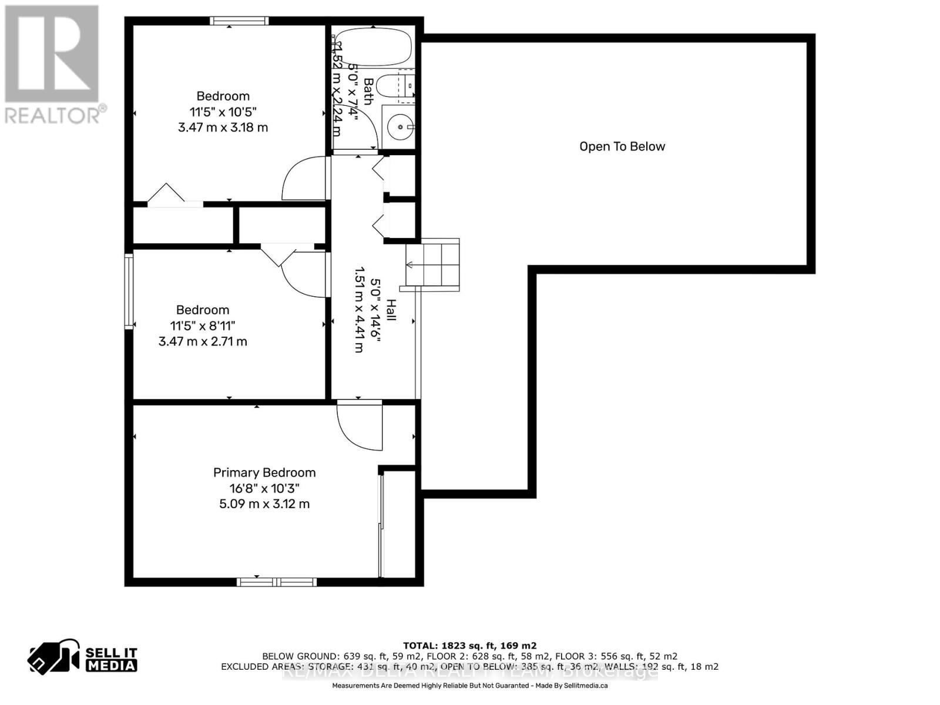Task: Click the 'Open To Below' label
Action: pyautogui.click(x=622, y=147)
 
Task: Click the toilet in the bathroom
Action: pyautogui.click(x=395, y=87)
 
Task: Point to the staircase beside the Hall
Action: pyautogui.click(x=432, y=264)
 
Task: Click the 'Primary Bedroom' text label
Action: pyautogui.click(x=264, y=472)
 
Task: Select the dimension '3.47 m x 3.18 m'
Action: pyautogui.click(x=223, y=127)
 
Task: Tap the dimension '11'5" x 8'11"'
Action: pyautogui.click(x=203, y=325)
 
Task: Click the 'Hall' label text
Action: pyautogui.click(x=391, y=310)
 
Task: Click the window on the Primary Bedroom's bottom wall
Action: pyautogui.click(x=277, y=582)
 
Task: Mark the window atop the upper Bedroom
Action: pyautogui.click(x=240, y=21)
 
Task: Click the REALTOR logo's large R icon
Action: pyautogui.click(x=52, y=54)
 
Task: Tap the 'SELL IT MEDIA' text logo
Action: pyautogui.click(x=111, y=659)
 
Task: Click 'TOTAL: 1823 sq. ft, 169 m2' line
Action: pyautogui.click(x=469, y=646)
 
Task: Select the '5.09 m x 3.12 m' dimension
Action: pyautogui.click(x=264, y=504)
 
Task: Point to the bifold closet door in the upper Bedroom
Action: pyautogui.click(x=167, y=194)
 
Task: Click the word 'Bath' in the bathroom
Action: pyautogui.click(x=368, y=91)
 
